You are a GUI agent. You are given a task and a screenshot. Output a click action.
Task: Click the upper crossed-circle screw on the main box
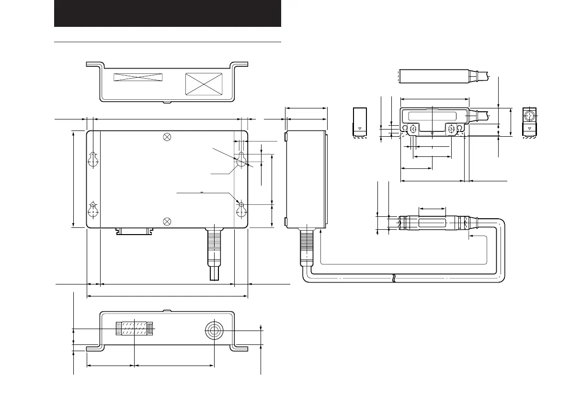167,137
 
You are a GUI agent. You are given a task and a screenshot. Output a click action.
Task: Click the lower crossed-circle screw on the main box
167,221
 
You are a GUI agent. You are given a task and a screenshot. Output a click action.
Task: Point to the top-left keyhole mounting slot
93,160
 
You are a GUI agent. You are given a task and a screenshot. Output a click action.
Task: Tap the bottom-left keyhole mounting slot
93,210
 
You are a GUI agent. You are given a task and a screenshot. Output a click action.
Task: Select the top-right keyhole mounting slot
241,160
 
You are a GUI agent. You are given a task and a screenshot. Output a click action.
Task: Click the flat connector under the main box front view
135,232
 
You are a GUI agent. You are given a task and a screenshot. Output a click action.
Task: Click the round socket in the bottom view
214,330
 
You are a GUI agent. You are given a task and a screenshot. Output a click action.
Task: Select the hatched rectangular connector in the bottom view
135,329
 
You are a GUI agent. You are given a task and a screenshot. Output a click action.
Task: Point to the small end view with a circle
529,121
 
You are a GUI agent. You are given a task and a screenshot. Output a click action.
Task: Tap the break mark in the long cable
393,278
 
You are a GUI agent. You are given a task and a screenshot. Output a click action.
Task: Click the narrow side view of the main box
307,178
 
